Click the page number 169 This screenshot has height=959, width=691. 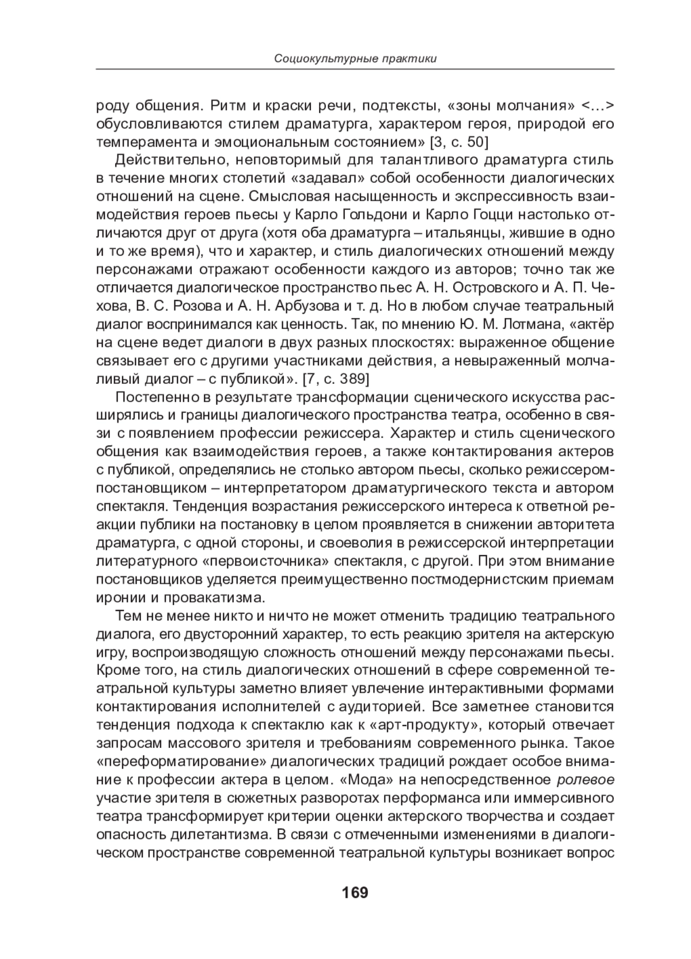point(354,892)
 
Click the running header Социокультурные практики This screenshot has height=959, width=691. point(355,58)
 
